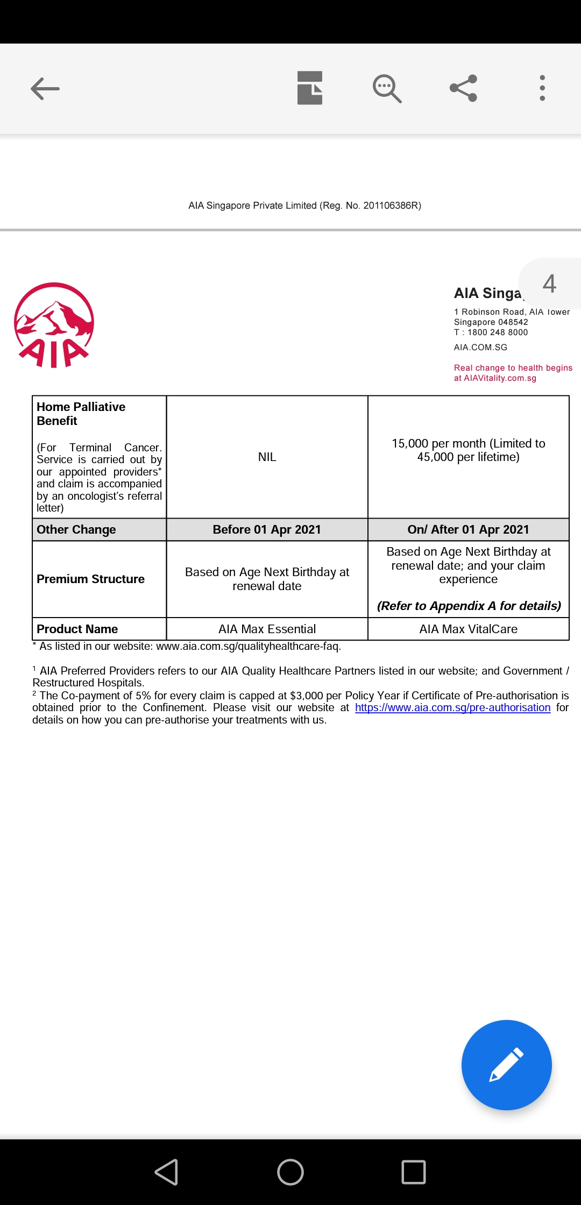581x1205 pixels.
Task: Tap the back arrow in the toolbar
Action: pyautogui.click(x=45, y=89)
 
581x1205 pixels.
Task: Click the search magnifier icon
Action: pyautogui.click(x=387, y=88)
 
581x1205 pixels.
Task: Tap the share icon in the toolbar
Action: pyautogui.click(x=464, y=88)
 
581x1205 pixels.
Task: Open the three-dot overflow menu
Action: pyautogui.click(x=542, y=88)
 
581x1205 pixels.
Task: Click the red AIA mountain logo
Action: pyautogui.click(x=54, y=325)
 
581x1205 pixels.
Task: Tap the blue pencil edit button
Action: pyautogui.click(x=506, y=1065)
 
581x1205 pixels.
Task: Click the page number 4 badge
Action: pyautogui.click(x=549, y=283)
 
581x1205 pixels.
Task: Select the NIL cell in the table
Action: pyautogui.click(x=267, y=457)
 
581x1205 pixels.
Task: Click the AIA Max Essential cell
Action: pyautogui.click(x=267, y=629)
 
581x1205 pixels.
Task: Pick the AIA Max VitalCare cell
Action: pyautogui.click(x=468, y=629)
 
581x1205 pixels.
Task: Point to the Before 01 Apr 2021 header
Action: pyautogui.click(x=267, y=529)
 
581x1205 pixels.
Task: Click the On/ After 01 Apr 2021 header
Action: pyautogui.click(x=468, y=529)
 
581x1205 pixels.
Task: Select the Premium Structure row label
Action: pyautogui.click(x=90, y=579)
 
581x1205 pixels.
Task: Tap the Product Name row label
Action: pyautogui.click(x=77, y=629)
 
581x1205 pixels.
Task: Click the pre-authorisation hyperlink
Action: pyautogui.click(x=452, y=707)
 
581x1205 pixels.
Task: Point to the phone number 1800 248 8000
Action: pyautogui.click(x=498, y=332)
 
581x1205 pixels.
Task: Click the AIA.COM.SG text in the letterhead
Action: pyautogui.click(x=480, y=348)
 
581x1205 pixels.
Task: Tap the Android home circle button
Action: pyautogui.click(x=290, y=1172)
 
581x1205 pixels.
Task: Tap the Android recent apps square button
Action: pyautogui.click(x=414, y=1172)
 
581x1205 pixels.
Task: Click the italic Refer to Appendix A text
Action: pyautogui.click(x=469, y=606)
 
